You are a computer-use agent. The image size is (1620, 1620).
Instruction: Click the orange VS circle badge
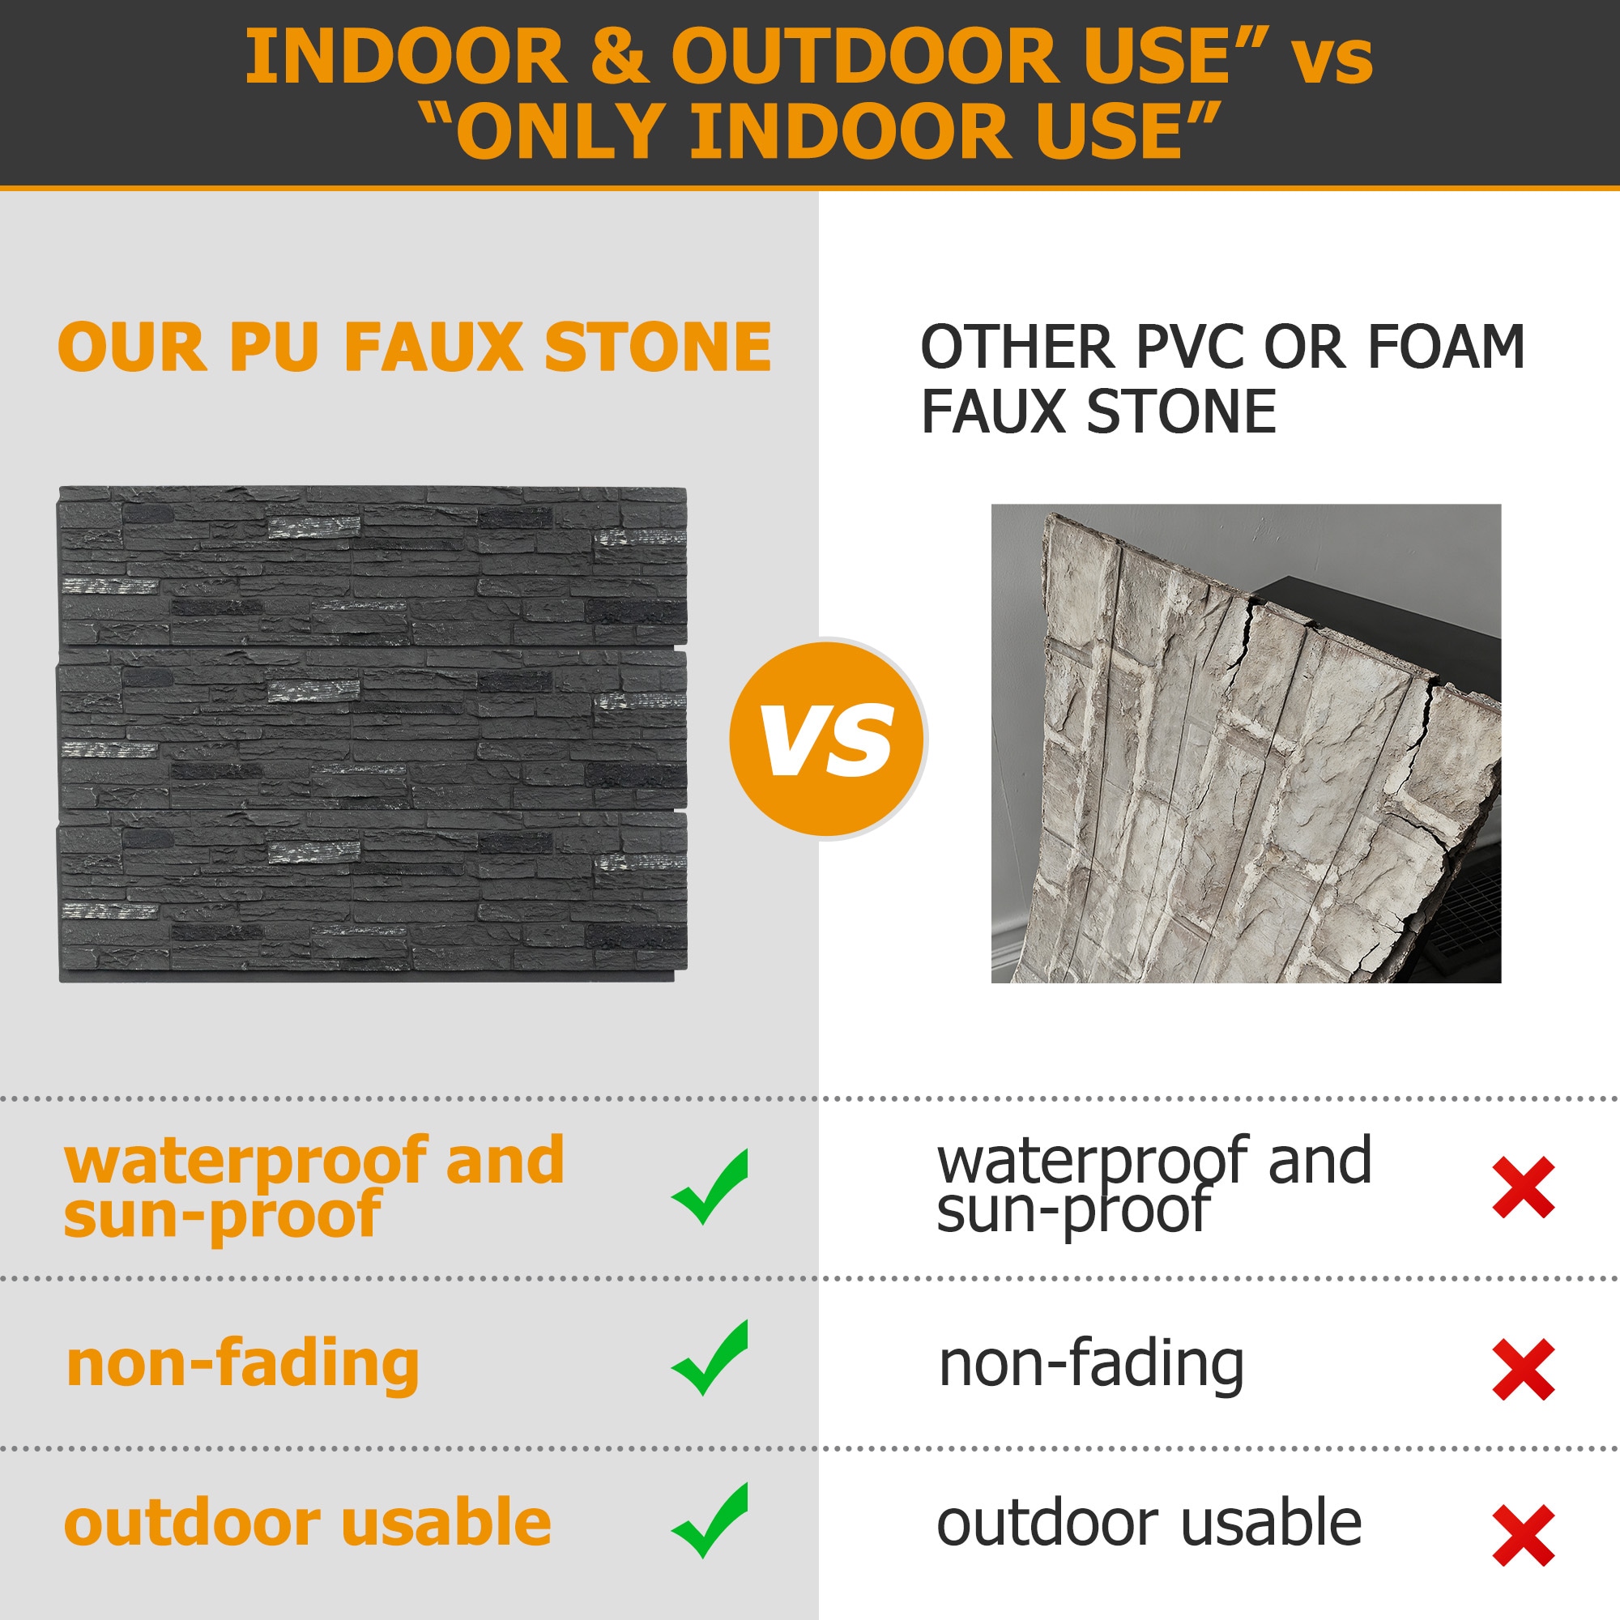pos(829,739)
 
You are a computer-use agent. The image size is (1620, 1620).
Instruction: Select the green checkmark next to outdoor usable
pos(710,1521)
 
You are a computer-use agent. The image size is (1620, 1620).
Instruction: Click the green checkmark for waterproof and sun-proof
pos(710,1187)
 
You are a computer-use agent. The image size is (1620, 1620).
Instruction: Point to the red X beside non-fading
pos(1524,1369)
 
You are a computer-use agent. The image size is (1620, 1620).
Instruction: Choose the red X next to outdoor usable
pos(1524,1535)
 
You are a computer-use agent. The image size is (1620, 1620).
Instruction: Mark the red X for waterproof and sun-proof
pos(1524,1187)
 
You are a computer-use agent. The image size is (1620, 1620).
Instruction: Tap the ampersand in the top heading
pos(619,56)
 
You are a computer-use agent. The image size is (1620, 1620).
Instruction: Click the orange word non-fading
pos(242,1366)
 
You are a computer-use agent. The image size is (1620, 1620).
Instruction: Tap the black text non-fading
pos(1091,1366)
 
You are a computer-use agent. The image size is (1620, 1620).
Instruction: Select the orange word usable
pos(447,1522)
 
